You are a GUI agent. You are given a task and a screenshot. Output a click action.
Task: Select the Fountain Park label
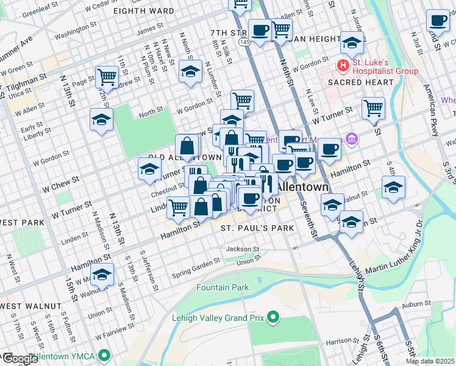[223, 287]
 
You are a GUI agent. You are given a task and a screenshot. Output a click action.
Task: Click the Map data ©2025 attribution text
[430, 361]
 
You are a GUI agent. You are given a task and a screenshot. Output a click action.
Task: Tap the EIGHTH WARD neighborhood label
[140, 10]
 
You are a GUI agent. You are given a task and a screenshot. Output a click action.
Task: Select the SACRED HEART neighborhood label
[353, 82]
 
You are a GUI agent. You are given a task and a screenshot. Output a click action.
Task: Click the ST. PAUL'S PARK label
[257, 228]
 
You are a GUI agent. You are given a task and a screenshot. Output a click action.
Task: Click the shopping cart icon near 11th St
[107, 77]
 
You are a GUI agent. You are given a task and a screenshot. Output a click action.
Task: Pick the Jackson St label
[243, 249]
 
